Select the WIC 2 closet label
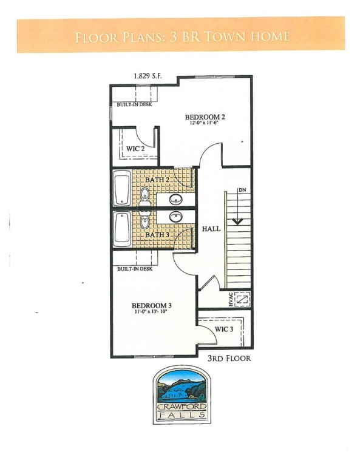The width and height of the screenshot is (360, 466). click(135, 149)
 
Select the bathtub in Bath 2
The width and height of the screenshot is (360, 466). click(122, 188)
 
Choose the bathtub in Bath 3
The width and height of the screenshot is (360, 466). click(122, 229)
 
